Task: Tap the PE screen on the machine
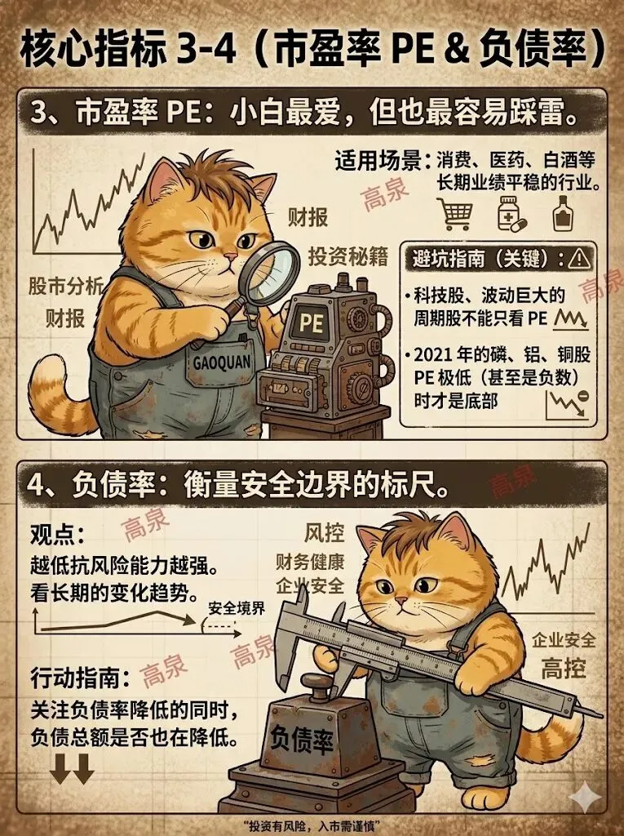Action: pos(312,322)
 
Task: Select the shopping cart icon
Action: pos(456,213)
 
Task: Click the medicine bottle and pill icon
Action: pos(511,213)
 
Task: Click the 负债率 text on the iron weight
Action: pos(302,740)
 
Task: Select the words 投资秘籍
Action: pos(348,257)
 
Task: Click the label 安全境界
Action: pos(236,608)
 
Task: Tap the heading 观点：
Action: pos(57,533)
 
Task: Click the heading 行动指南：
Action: pos(81,678)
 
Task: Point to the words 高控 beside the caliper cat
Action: pos(564,669)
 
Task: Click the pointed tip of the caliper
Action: pos(603,716)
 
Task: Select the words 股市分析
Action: pos(66,287)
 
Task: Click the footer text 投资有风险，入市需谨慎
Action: pos(312,826)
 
